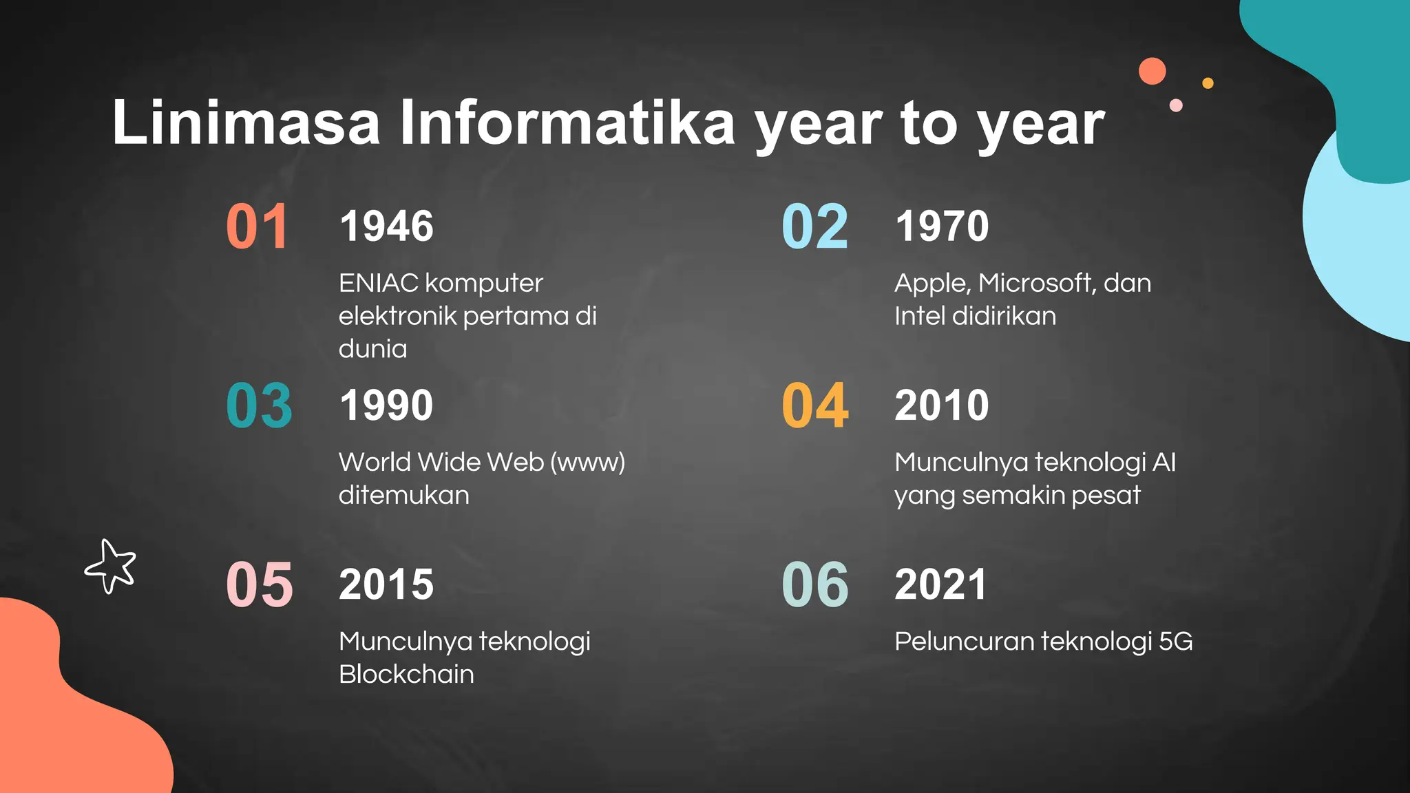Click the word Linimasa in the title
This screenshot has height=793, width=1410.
coord(246,123)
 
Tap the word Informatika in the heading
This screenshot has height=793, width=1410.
coord(567,123)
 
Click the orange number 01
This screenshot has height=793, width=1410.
coord(257,226)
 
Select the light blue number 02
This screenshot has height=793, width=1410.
coord(814,226)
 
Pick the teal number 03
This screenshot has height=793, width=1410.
coord(259,405)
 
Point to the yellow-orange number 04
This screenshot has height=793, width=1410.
coord(814,405)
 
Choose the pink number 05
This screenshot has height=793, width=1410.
coord(260,584)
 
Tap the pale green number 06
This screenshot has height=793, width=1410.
coord(814,584)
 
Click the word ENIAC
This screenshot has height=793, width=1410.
coord(378,283)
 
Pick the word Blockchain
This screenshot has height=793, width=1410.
coord(406,674)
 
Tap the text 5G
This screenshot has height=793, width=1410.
coord(1175,641)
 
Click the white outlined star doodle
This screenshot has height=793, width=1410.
coord(111,566)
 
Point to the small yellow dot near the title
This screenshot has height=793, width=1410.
coord(1208,83)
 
